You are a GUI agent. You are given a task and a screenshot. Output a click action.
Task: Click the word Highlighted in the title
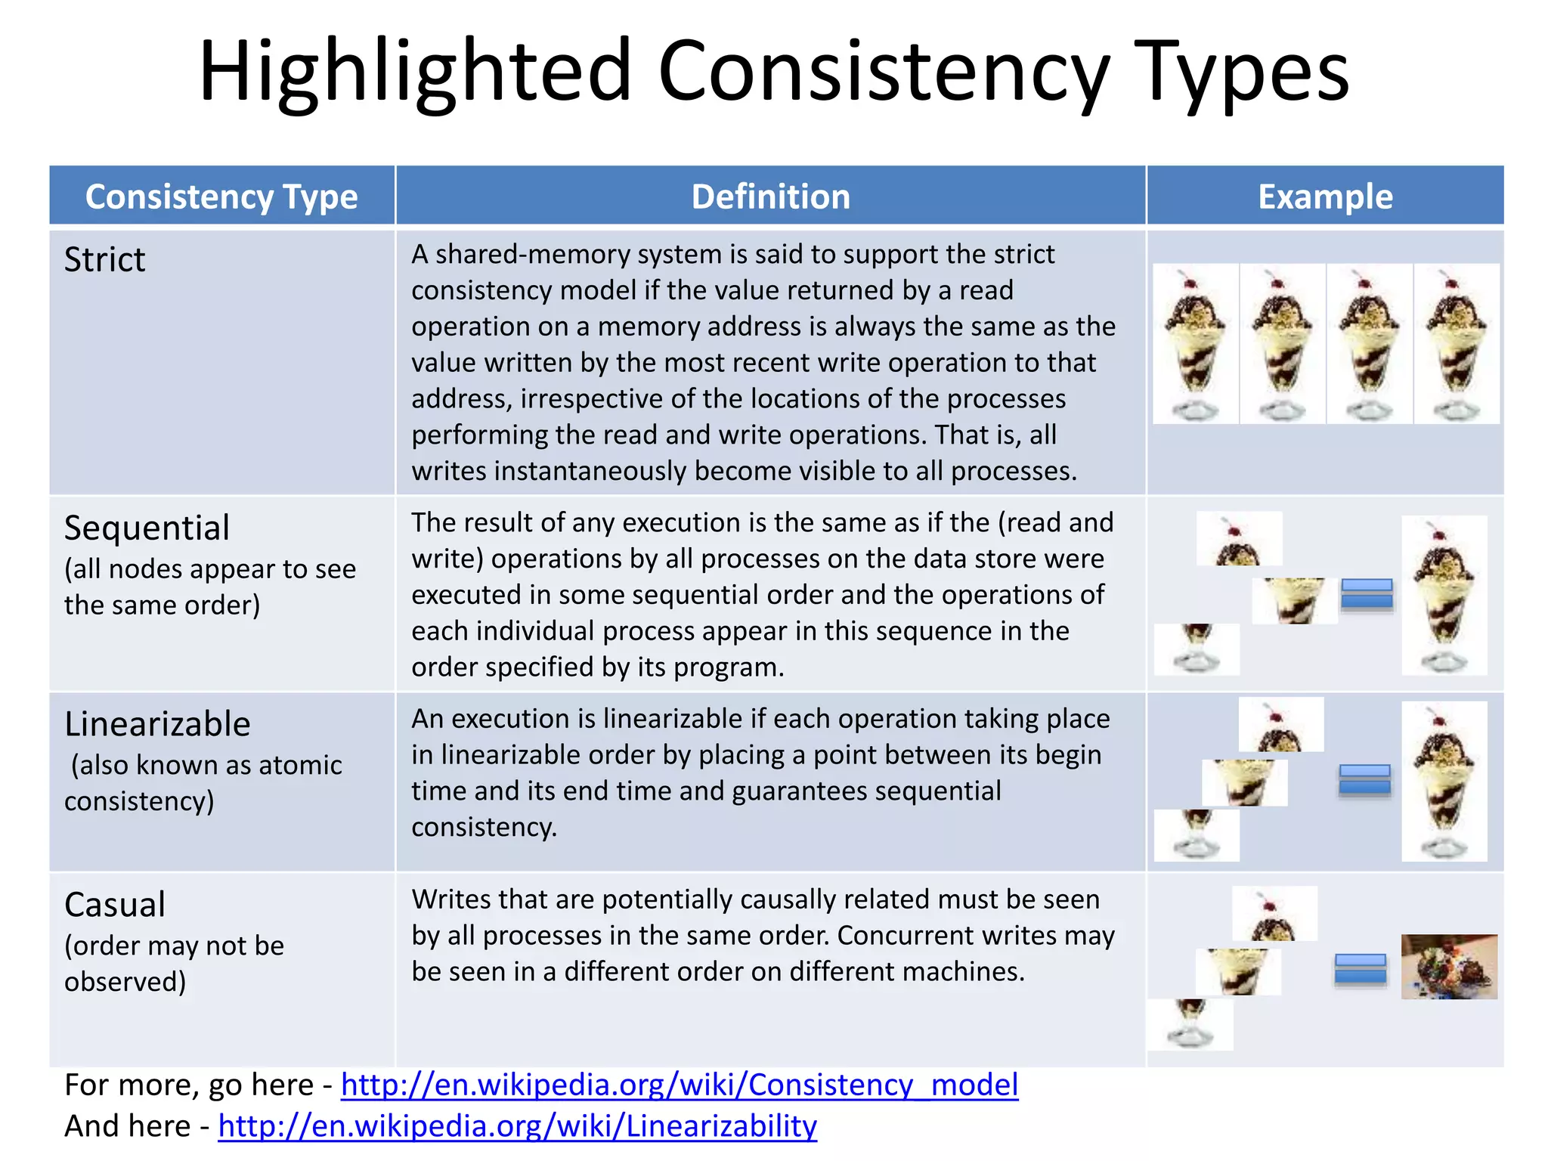coord(414,72)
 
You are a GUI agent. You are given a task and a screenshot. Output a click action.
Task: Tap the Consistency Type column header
coord(221,197)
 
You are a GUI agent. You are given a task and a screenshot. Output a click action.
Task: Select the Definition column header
coord(770,197)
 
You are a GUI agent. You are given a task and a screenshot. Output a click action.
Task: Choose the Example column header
coord(1325,197)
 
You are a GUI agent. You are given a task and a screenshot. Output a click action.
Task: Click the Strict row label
coord(104,259)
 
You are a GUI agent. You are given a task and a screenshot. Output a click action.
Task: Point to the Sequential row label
coord(147,528)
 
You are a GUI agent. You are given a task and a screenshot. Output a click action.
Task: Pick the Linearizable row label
coord(157,723)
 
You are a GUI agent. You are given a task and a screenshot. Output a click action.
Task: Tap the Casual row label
coord(115,904)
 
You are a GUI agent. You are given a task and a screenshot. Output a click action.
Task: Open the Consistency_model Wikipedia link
coord(680,1085)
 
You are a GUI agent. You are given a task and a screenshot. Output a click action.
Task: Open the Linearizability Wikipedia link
coord(517,1125)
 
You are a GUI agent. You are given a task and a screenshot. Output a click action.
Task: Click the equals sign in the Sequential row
coord(1367,594)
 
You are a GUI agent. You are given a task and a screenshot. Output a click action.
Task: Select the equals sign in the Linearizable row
coord(1364,780)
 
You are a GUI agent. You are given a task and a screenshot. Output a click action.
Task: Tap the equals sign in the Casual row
coord(1360,968)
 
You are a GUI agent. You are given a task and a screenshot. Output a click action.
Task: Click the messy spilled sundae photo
coord(1448,967)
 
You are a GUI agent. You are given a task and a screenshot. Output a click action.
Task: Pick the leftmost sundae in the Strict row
coord(1196,344)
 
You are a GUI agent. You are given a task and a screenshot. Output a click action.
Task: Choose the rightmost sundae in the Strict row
coord(1457,344)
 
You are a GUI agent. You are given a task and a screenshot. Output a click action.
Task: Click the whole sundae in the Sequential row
coord(1444,596)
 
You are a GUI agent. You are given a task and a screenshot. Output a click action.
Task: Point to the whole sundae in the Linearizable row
coord(1444,782)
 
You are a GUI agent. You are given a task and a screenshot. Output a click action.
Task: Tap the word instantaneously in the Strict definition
coord(590,471)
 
